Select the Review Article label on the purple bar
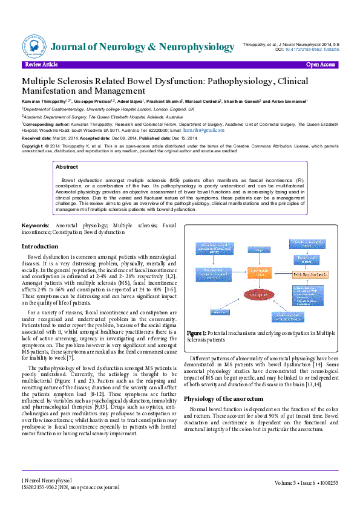(x=41, y=64)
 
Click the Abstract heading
(x=67, y=166)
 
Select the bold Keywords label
(x=36, y=225)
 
